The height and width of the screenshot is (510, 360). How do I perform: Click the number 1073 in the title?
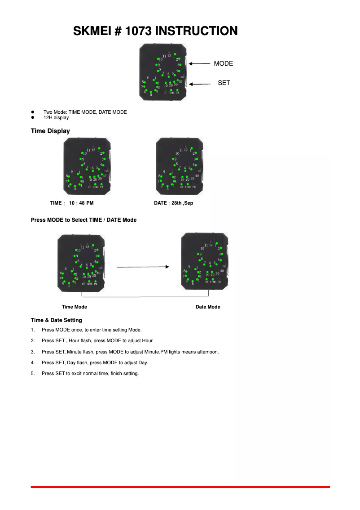point(139,31)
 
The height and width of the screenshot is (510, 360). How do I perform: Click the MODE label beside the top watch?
point(223,63)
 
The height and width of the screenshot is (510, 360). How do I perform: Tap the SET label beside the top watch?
point(224,83)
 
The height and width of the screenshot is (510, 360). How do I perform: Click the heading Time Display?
point(50,131)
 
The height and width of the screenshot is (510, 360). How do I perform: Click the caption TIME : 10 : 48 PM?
point(72,203)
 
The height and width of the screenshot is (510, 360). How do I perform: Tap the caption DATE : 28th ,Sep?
point(173,203)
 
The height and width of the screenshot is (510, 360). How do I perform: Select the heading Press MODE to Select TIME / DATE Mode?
point(83,220)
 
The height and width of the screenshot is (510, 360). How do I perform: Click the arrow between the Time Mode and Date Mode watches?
point(143,267)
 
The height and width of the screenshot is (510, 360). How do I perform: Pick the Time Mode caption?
point(75,307)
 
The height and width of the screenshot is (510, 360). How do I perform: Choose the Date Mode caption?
point(208,307)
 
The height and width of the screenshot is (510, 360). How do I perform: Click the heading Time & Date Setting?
point(56,320)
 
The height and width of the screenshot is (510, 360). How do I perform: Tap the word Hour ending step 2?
point(147,341)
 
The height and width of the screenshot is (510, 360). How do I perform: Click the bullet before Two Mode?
point(33,112)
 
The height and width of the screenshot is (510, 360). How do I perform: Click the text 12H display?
point(57,118)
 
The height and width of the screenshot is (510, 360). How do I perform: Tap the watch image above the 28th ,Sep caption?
point(179,166)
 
